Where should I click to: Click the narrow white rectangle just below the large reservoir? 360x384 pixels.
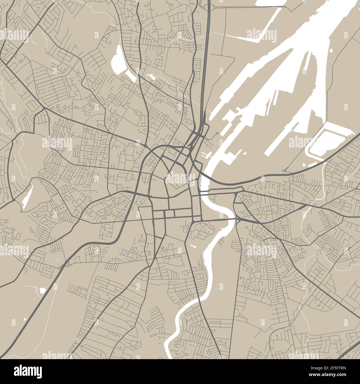tap(130, 75)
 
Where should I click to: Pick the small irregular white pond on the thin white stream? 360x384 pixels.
tap(151, 76)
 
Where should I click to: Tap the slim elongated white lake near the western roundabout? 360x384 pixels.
tap(27, 197)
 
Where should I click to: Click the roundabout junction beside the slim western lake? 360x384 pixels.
tap(14, 200)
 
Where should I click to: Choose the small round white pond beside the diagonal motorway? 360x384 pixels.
tap(42, 290)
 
